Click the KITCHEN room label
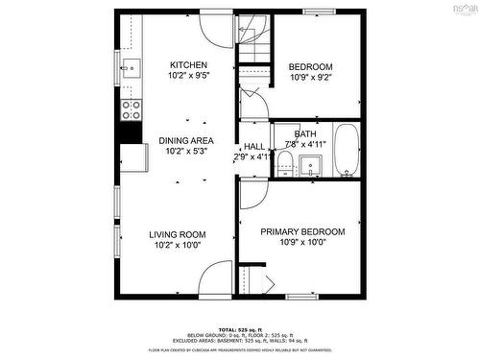[x=188, y=64]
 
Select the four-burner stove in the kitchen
[x=131, y=108]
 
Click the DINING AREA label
[x=187, y=140]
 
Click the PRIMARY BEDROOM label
[x=303, y=232]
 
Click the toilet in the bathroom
[x=284, y=165]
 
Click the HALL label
[x=253, y=146]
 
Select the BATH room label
[x=305, y=134]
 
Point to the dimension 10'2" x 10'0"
[x=178, y=246]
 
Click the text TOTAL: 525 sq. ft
[x=240, y=328]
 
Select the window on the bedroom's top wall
[x=318, y=12]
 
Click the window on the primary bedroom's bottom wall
[x=302, y=295]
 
